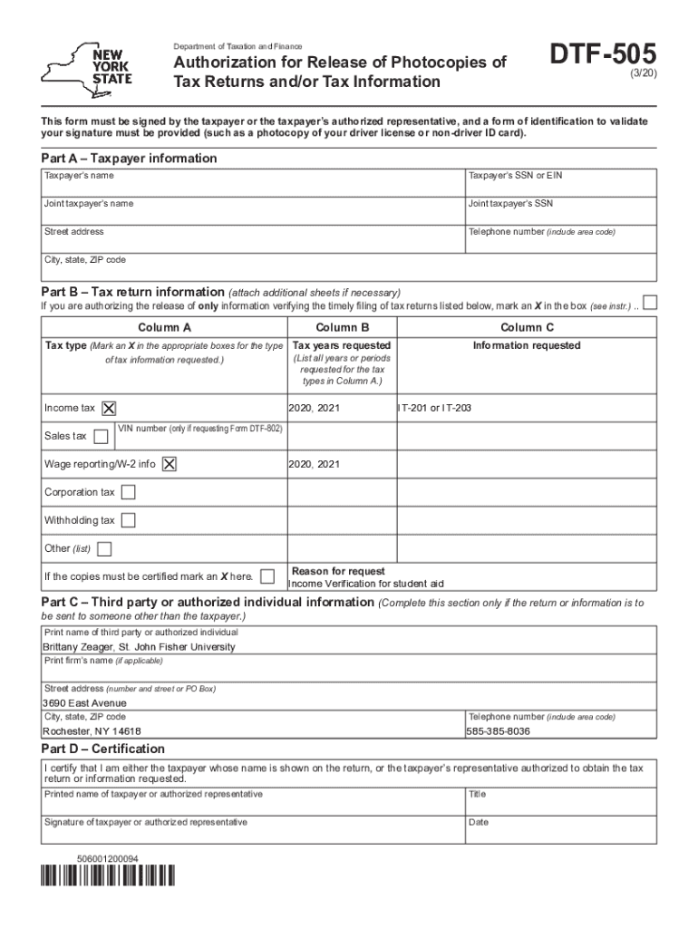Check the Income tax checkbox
tap(110, 409)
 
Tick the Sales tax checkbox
tap(101, 437)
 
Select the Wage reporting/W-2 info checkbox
tap(170, 464)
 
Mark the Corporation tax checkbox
tap(129, 492)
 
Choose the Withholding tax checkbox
tap(129, 520)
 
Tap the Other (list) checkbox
tap(104, 548)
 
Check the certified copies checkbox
tap(267, 576)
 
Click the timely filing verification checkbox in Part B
tap(649, 303)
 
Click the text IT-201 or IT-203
tap(435, 409)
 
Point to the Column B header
tap(342, 327)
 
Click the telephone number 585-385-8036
tap(498, 731)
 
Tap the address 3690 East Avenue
tap(85, 703)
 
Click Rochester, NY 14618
tap(92, 731)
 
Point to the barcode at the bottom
tap(108, 876)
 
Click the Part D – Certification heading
tap(103, 749)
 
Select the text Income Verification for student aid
tap(365, 584)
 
